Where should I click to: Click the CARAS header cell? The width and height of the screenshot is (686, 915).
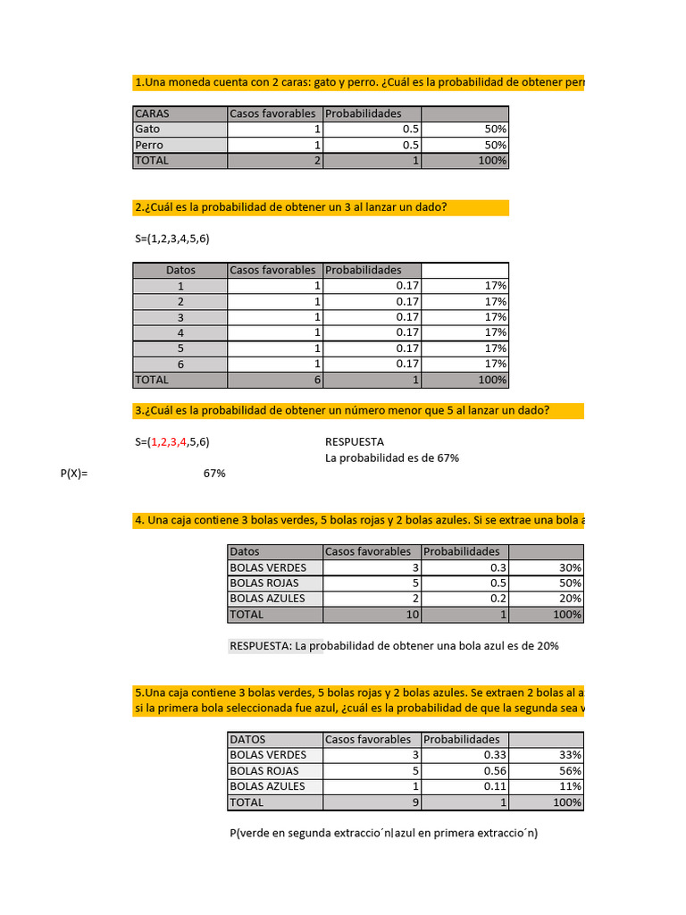click(x=152, y=113)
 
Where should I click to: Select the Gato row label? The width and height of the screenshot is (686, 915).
click(x=147, y=129)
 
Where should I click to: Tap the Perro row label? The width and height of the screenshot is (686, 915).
click(x=149, y=145)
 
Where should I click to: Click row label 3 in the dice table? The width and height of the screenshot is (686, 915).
click(x=180, y=317)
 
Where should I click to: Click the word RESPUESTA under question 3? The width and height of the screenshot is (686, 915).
click(x=355, y=441)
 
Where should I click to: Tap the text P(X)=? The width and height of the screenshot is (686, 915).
click(x=75, y=474)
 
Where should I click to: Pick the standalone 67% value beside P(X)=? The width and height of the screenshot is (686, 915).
click(x=214, y=474)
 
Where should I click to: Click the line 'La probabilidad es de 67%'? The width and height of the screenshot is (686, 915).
click(x=392, y=458)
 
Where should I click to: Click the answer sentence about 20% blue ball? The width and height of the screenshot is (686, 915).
click(x=394, y=646)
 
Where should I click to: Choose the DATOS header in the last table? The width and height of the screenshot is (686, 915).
click(x=247, y=740)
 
